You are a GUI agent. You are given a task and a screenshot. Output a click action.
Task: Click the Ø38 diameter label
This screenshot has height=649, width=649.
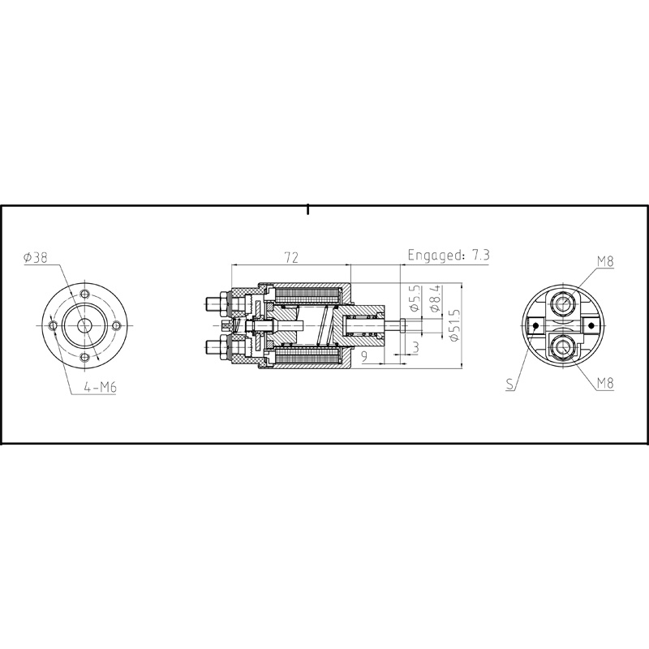(x=37, y=258)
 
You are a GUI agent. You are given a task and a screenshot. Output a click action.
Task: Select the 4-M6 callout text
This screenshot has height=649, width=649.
(x=100, y=388)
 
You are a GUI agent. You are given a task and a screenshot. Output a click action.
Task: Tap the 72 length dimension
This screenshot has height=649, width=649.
(x=291, y=257)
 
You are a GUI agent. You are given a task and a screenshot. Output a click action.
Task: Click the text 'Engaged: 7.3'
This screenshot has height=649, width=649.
(x=449, y=255)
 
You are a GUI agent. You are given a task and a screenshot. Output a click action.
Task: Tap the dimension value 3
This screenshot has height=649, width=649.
(x=415, y=347)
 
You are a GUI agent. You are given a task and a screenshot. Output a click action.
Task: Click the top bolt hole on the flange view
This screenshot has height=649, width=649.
(x=85, y=292)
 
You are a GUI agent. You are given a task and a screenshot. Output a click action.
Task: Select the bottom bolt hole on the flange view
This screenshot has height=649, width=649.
(x=85, y=356)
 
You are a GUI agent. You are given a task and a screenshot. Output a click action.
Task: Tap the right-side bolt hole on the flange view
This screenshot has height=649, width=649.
(x=118, y=324)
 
